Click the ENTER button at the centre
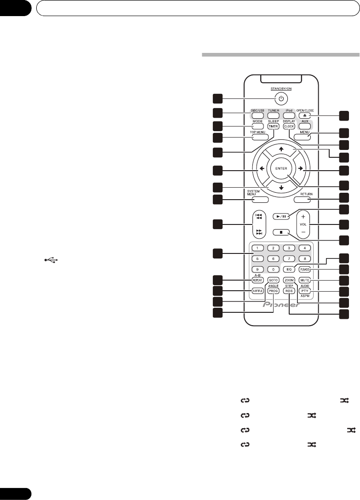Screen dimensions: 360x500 tap(282, 169)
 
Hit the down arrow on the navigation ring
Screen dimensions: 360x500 tap(282, 188)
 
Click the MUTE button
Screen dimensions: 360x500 tap(304, 280)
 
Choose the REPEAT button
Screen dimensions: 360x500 tap(257, 280)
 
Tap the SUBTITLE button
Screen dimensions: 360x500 tap(257, 291)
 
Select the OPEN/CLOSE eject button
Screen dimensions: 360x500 tap(304, 117)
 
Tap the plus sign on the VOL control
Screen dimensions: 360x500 tap(303, 216)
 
